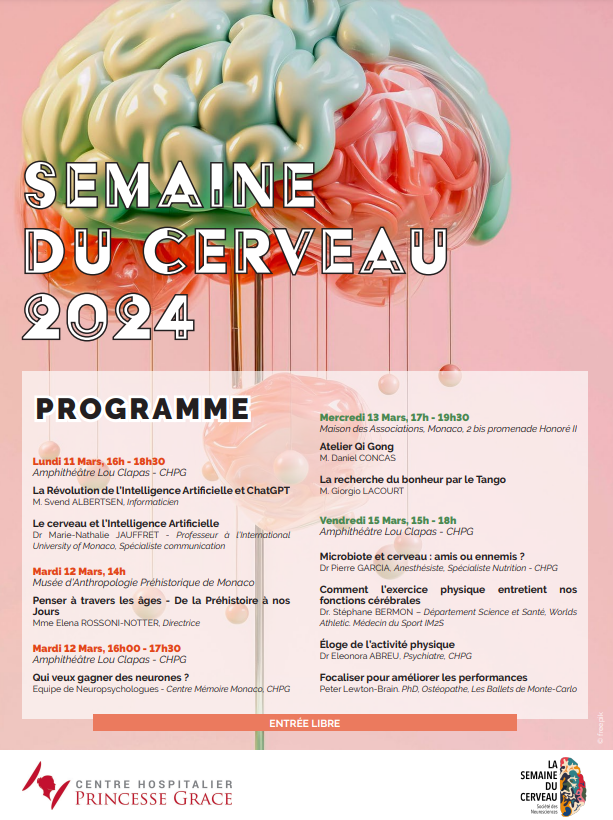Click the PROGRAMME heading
coord(142,409)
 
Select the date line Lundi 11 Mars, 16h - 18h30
coord(99,461)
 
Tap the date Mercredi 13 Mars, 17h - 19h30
coord(394,417)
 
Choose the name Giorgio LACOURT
coord(370,491)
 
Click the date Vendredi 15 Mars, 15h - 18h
coord(387,520)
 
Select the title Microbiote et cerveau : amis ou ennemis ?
coord(421,555)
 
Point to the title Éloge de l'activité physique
coord(386,644)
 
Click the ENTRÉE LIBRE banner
coord(305,723)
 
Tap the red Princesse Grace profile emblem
coord(45,784)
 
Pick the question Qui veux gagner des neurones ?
coord(111,677)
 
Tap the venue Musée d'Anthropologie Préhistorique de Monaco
coord(143,583)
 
